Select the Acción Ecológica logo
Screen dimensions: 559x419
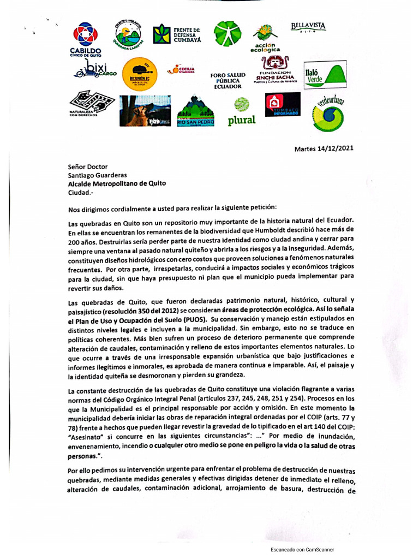pos(265,38)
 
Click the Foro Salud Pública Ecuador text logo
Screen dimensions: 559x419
pos(228,80)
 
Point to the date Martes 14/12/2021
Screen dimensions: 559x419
pos(324,148)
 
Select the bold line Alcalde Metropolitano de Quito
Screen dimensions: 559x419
pos(117,184)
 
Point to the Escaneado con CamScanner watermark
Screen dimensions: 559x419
pos(302,550)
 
